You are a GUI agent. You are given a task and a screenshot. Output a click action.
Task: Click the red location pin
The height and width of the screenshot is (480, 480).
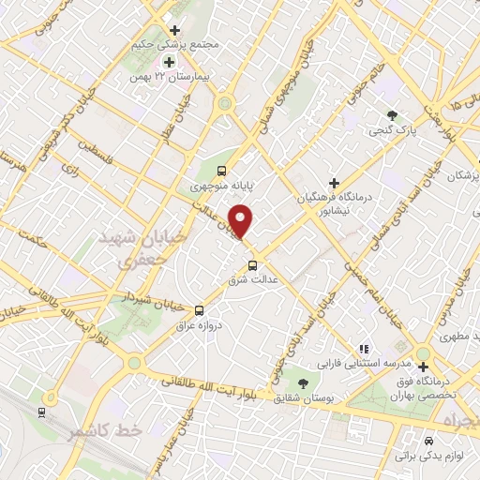click(241, 220)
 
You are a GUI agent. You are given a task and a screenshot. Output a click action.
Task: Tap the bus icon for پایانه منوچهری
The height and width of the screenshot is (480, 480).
click(222, 171)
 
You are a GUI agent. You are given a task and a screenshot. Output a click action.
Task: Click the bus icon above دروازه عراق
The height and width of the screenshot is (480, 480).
click(199, 310)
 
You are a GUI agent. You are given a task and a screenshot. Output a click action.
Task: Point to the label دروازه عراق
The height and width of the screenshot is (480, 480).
click(198, 326)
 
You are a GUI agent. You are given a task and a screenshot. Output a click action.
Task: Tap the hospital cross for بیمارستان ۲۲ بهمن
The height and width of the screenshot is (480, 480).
click(169, 62)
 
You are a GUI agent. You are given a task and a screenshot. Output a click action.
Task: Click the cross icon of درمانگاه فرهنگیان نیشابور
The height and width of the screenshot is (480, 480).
click(334, 183)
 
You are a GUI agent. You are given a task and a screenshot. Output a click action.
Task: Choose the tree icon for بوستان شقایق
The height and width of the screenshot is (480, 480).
click(303, 383)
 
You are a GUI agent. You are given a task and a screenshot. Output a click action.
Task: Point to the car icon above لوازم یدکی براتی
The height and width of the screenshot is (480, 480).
click(428, 441)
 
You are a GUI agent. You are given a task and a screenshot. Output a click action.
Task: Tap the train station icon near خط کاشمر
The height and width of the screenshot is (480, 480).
click(40, 412)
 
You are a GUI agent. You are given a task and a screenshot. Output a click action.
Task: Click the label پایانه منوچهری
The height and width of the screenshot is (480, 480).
click(220, 186)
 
